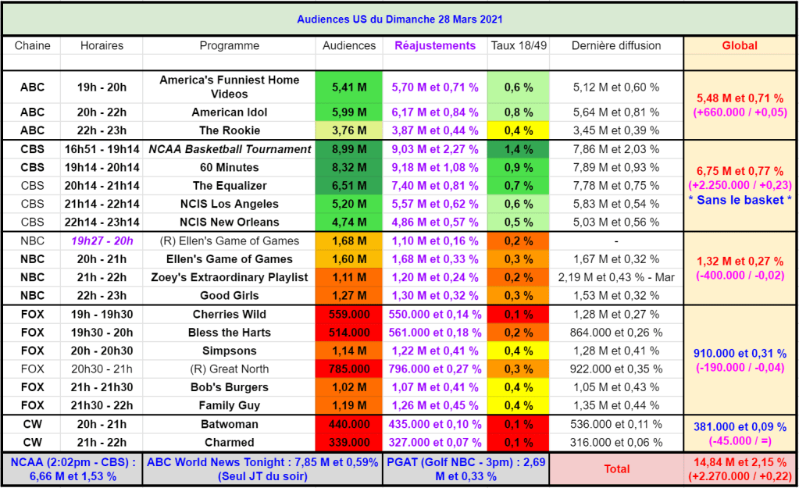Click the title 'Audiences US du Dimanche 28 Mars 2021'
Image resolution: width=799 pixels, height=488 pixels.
(x=399, y=19)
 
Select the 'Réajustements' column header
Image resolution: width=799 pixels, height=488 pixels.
(x=434, y=45)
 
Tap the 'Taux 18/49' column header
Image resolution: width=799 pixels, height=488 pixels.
(x=519, y=45)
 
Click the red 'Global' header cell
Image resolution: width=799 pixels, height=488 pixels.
(x=739, y=45)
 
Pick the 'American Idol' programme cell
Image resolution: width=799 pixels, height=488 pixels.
(x=229, y=112)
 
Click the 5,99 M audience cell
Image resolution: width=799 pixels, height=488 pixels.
(x=349, y=112)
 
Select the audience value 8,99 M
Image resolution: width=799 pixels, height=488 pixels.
(x=349, y=149)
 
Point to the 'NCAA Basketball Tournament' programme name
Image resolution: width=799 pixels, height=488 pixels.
(x=229, y=149)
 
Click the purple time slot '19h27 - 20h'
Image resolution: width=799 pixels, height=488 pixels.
(x=102, y=240)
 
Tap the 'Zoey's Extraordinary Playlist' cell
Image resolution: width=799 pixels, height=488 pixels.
(x=229, y=277)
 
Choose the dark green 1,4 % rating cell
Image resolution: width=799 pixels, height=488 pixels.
(x=519, y=149)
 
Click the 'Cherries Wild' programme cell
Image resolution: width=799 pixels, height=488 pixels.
(x=229, y=314)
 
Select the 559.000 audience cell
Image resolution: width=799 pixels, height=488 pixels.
(x=349, y=314)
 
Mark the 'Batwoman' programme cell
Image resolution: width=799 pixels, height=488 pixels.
(x=229, y=424)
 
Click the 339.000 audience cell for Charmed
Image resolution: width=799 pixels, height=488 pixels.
(x=349, y=443)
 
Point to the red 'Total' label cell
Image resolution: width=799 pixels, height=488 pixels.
(x=616, y=469)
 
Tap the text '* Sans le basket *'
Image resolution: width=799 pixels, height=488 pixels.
(x=739, y=200)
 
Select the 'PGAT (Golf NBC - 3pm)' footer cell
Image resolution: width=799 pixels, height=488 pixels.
(x=465, y=468)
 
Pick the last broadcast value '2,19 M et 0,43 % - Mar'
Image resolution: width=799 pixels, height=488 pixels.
(x=616, y=277)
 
